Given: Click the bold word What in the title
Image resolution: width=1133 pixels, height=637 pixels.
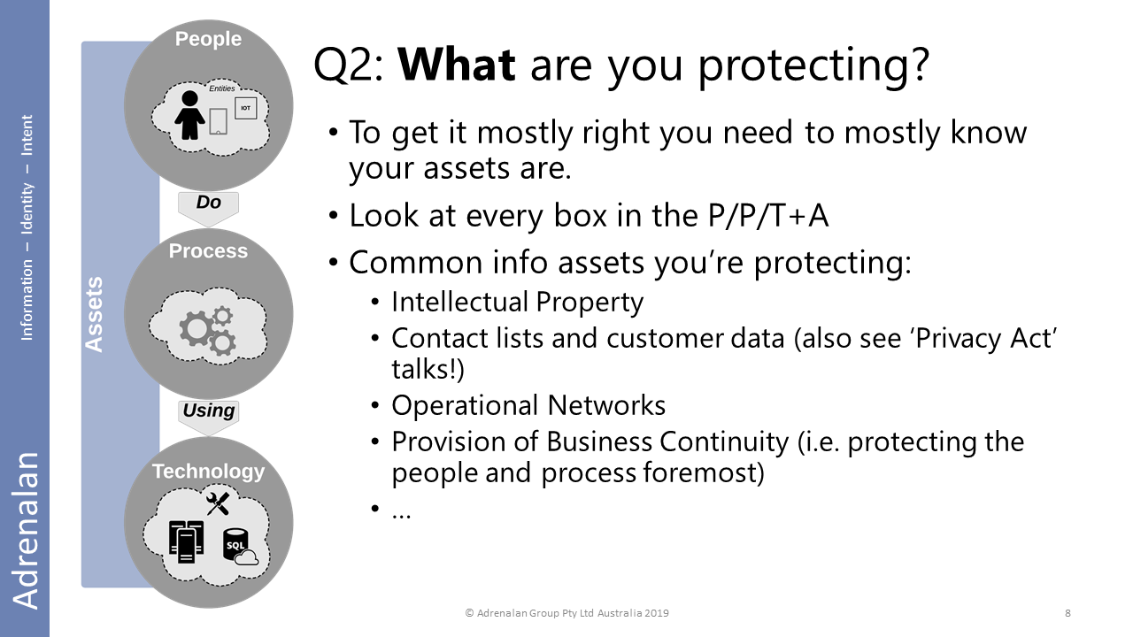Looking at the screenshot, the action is click(x=456, y=65).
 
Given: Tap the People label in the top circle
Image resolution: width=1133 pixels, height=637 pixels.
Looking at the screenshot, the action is click(x=208, y=39).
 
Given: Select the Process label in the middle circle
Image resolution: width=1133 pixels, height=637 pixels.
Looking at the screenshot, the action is click(x=208, y=250).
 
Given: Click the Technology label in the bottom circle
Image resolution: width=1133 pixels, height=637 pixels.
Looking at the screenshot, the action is click(x=208, y=472).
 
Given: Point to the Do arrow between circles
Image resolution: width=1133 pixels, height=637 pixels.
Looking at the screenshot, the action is click(x=208, y=208).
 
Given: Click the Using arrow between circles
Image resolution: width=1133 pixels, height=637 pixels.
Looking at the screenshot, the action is click(x=208, y=417).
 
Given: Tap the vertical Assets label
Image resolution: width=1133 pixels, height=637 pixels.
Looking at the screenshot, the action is click(x=94, y=314).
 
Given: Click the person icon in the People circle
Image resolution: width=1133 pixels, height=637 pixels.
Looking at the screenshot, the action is click(x=189, y=115).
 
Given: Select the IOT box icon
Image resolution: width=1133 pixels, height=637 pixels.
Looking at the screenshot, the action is click(x=246, y=108).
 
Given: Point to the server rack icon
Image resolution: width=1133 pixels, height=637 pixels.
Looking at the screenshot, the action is click(x=186, y=541).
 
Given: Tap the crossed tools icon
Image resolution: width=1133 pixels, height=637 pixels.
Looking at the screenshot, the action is click(x=218, y=503).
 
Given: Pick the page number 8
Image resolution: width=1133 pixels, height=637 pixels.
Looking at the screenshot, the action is click(x=1067, y=613).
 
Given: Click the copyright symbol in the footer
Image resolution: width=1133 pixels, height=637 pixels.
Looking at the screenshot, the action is click(x=469, y=613).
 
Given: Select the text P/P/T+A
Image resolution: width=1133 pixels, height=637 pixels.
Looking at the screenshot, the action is click(x=767, y=216).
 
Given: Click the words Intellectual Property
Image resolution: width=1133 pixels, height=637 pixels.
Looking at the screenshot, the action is click(x=518, y=303).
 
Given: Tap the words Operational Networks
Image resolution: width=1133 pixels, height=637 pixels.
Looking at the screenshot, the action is click(x=528, y=405).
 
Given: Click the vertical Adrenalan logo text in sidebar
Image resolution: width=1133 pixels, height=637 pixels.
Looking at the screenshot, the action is click(x=26, y=530).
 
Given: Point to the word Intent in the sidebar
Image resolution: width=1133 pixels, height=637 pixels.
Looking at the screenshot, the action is click(x=27, y=135).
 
